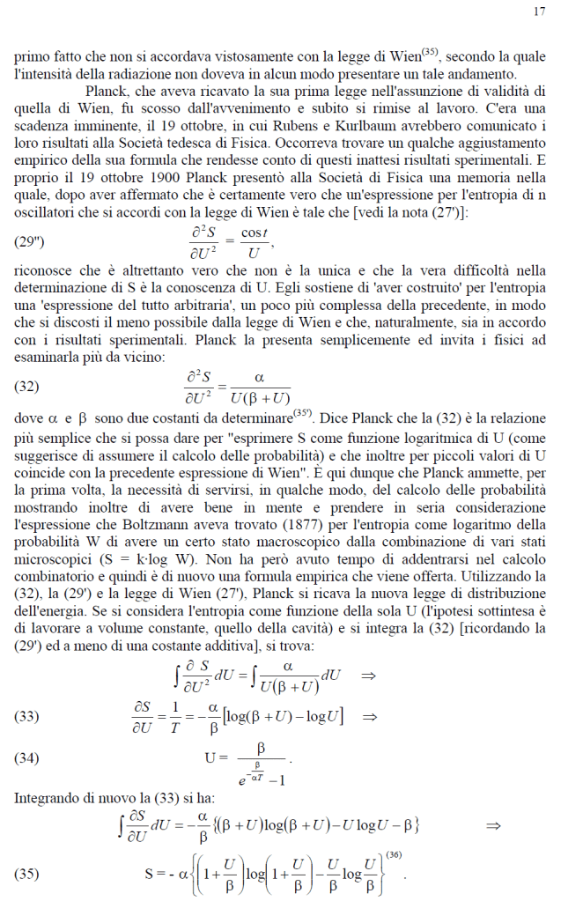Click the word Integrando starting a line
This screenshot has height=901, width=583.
coord(48,798)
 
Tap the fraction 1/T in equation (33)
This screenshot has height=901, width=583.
coord(174,716)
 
